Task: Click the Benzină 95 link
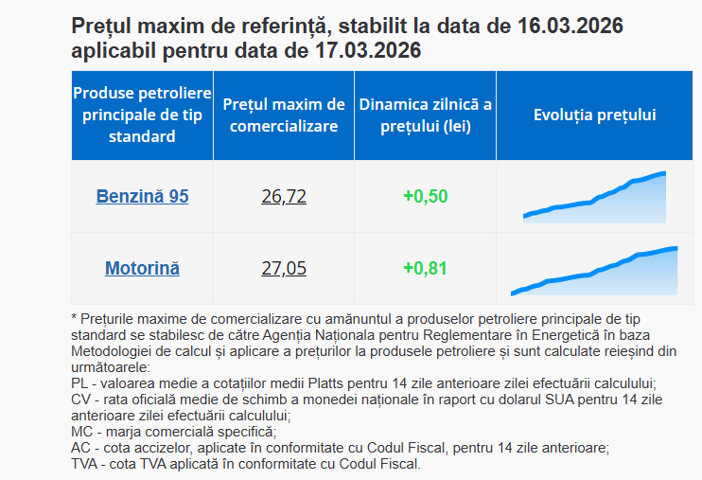[x=142, y=197]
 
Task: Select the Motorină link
[x=142, y=268]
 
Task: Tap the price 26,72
[x=284, y=197]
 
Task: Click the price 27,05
[x=284, y=268]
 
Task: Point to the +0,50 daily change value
[x=425, y=197]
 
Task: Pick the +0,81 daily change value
[x=425, y=268]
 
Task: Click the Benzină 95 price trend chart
[x=595, y=198]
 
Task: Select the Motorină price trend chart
[x=594, y=271]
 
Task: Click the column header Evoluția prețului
[x=595, y=115]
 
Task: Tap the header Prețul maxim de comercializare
[x=284, y=115]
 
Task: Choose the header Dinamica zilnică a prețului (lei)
[x=425, y=115]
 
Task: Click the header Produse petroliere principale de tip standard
[x=142, y=115]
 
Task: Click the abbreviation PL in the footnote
[x=79, y=383]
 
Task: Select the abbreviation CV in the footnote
[x=80, y=400]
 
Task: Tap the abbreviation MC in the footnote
[x=81, y=432]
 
